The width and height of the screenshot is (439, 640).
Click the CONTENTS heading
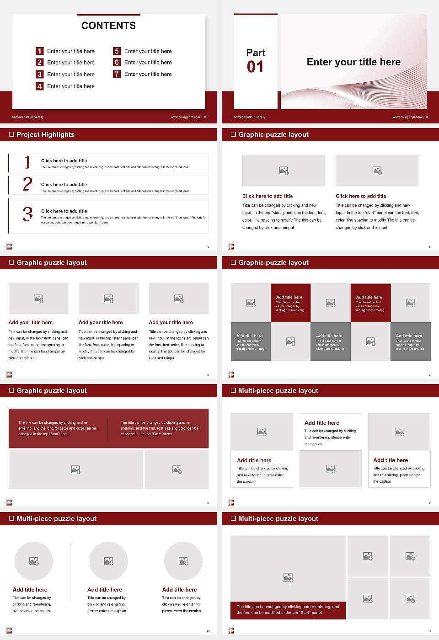tap(108, 26)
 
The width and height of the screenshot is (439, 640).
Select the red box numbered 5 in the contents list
tap(117, 51)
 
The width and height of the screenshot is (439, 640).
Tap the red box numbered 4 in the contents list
tap(40, 86)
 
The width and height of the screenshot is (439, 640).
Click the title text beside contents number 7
tap(148, 74)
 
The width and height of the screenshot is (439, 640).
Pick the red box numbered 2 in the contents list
tap(40, 63)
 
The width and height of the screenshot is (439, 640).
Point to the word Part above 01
tap(256, 53)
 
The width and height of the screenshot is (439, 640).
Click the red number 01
tap(255, 67)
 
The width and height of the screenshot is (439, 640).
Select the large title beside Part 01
tap(353, 62)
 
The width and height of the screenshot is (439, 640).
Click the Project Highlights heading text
tap(45, 134)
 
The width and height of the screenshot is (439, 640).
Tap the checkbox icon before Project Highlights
tap(11, 134)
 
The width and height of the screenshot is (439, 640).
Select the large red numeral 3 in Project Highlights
tap(27, 214)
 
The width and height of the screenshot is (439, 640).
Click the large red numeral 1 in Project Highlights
tap(27, 162)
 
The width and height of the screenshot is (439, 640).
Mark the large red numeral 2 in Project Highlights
tap(27, 184)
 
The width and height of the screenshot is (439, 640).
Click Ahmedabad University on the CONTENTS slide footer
tap(27, 117)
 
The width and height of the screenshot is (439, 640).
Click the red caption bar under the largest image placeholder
tap(288, 610)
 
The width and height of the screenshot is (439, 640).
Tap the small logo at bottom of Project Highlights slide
tap(9, 247)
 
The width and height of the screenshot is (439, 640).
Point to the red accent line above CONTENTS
tap(108, 15)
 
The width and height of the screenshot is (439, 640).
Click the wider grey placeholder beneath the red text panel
tap(75, 469)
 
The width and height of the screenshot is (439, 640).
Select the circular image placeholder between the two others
tap(108, 561)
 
